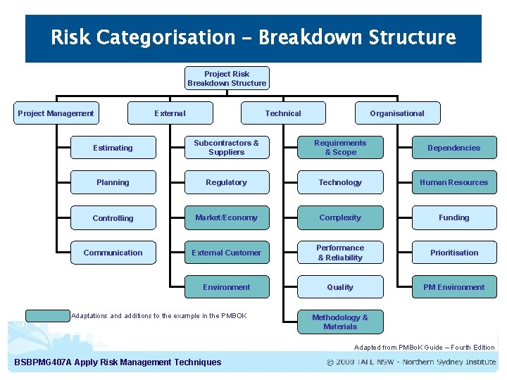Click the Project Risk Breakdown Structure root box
tap(227, 78)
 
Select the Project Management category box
tap(56, 113)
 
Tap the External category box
tap(170, 113)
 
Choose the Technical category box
tap(283, 113)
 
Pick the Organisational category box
tap(397, 113)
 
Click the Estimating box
tap(113, 148)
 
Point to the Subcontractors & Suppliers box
tap(226, 148)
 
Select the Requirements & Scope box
tap(340, 148)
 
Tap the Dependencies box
tap(454, 148)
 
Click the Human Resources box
tap(454, 182)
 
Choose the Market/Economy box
tap(226, 217)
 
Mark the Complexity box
tap(340, 217)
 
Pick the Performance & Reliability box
tap(340, 253)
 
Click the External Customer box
tap(226, 253)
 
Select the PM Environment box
tap(454, 287)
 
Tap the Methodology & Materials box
tap(340, 322)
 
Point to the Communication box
tap(113, 253)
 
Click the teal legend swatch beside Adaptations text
tap(48, 315)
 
